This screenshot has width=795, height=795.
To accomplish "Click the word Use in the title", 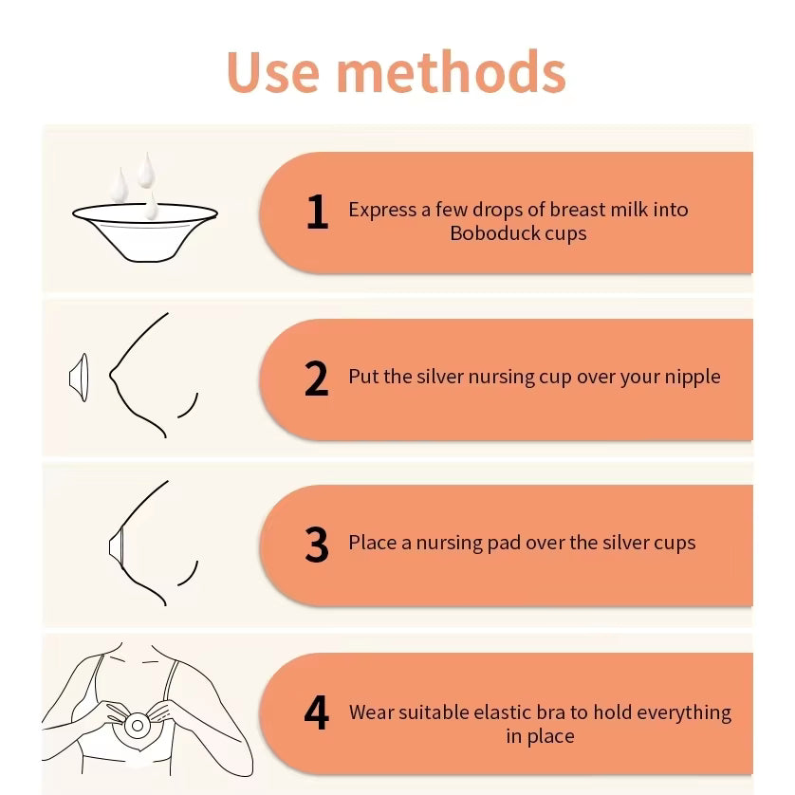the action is (273, 71).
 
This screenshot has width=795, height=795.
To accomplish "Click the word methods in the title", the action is (452, 71).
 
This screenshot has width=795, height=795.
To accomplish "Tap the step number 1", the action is (318, 212).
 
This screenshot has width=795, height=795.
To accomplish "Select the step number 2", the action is (316, 379).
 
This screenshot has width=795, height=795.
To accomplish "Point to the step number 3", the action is (316, 545).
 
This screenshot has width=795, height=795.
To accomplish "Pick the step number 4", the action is (316, 712).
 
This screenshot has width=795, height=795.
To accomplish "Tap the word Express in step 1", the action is (382, 210).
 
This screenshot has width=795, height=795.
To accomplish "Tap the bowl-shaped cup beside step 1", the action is (145, 231).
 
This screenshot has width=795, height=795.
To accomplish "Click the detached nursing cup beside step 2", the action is (79, 378).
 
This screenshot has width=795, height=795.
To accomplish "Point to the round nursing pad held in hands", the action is (137, 726).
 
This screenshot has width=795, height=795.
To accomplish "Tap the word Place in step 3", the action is (372, 543).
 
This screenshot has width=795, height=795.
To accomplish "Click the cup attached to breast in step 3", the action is (116, 545).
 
